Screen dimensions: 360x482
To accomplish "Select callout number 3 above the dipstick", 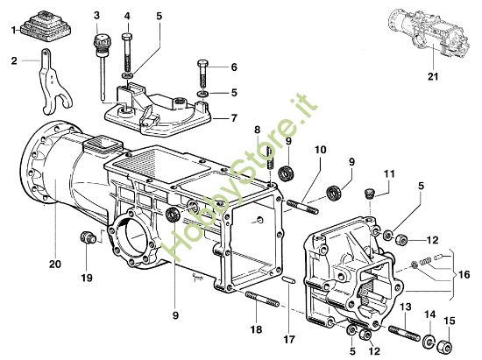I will pos(96,16).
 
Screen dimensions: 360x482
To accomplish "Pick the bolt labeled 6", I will pos(203,66).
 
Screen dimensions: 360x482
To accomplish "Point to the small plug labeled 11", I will pos(370,194).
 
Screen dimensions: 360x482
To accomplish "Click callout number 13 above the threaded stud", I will pos(406,307).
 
